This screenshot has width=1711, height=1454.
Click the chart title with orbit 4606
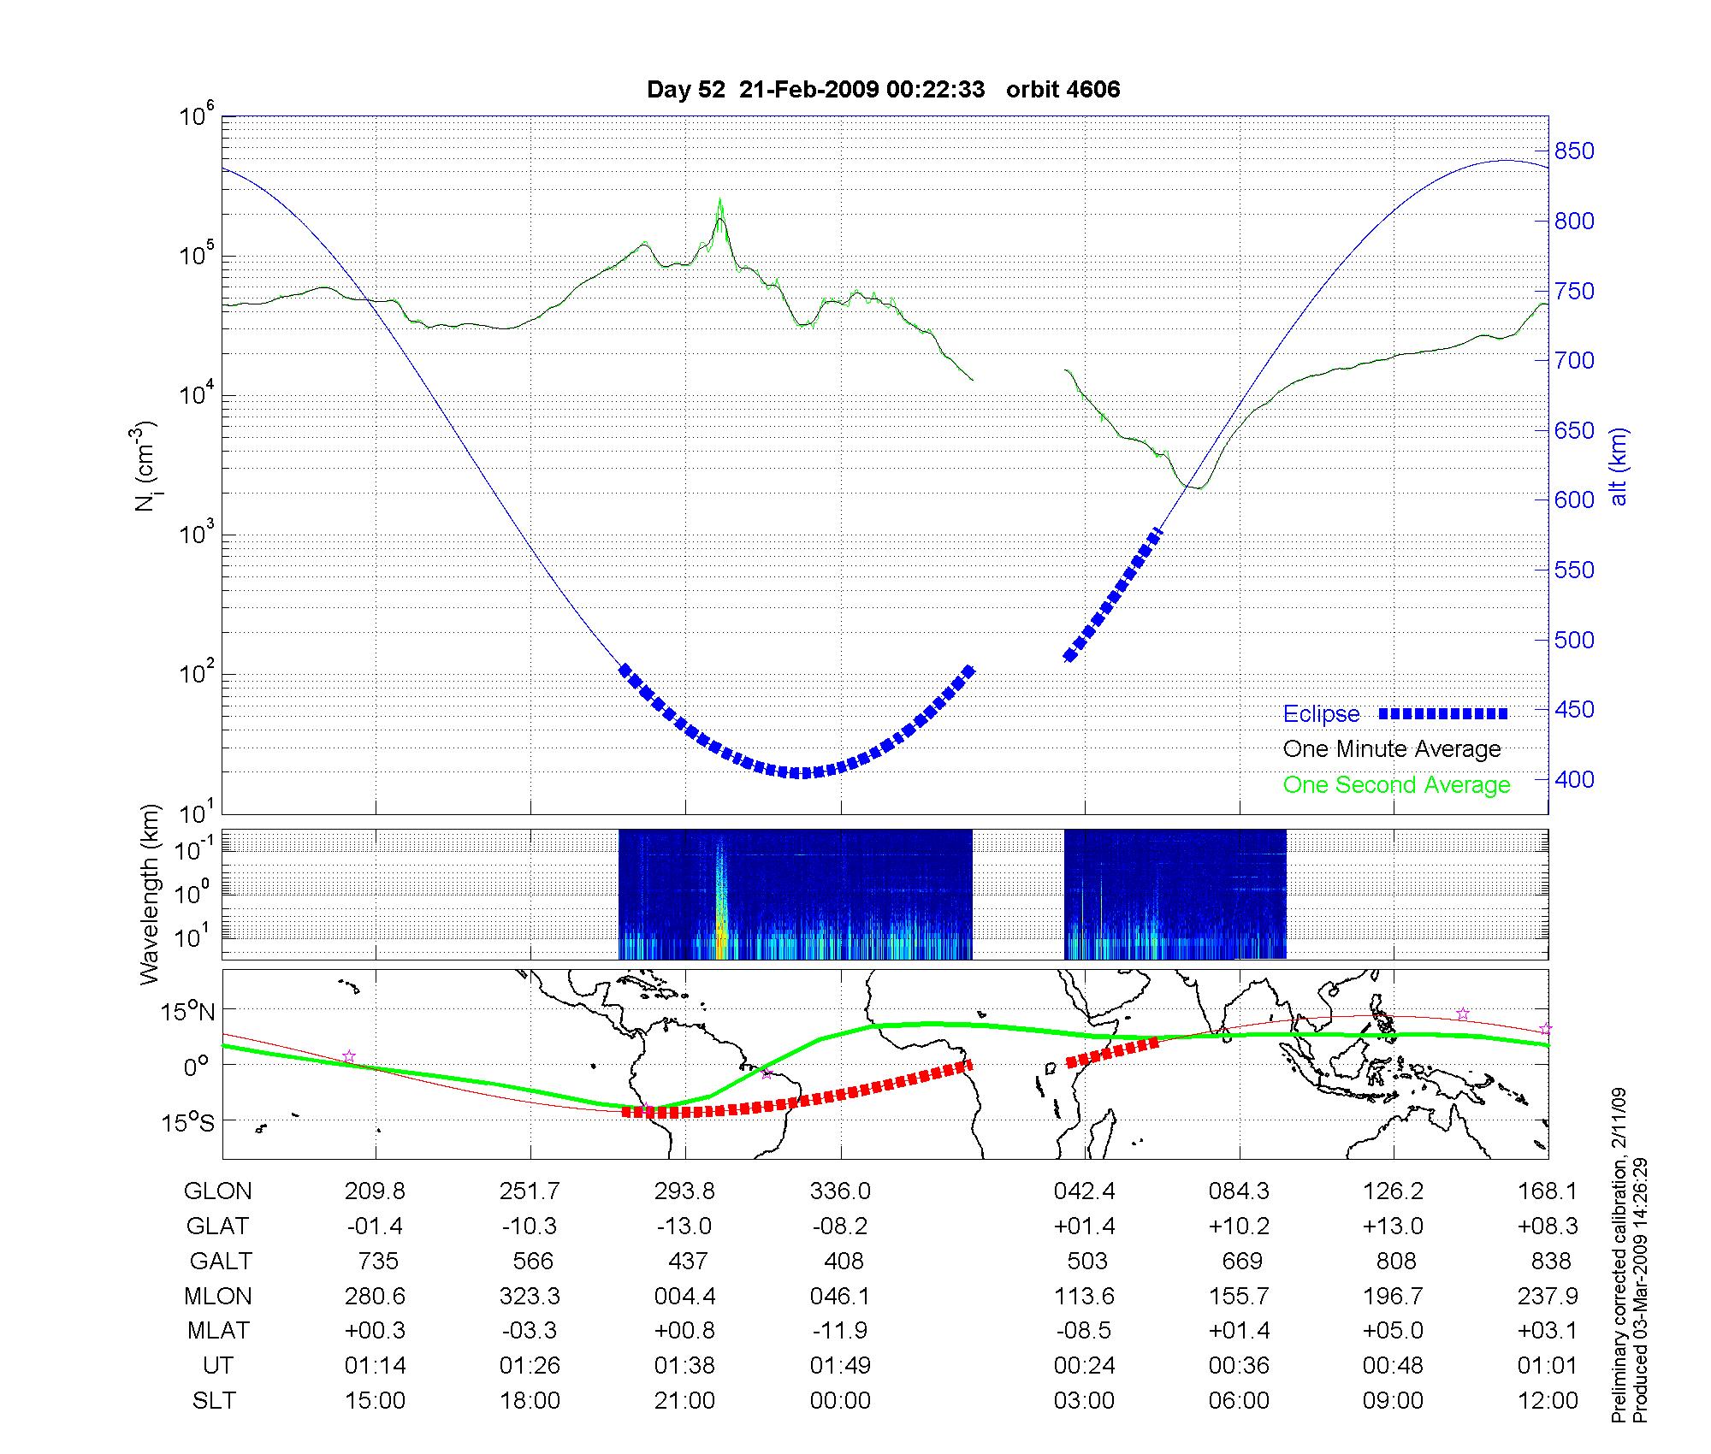tap(883, 90)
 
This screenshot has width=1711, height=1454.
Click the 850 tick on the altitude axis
tap(1575, 151)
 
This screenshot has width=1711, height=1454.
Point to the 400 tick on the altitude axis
tap(1575, 779)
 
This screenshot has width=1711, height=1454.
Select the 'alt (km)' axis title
tap(1619, 466)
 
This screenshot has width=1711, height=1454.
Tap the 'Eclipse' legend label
tap(1321, 714)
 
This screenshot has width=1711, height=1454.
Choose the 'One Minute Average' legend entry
tap(1392, 749)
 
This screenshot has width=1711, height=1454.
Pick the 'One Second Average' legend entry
tap(1396, 785)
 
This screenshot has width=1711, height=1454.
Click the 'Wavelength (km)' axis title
tap(149, 895)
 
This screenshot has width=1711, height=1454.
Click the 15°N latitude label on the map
tap(188, 1013)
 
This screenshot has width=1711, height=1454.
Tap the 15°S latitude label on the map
tap(188, 1121)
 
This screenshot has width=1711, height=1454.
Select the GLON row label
tap(218, 1191)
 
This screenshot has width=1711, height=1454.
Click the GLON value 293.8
tap(684, 1191)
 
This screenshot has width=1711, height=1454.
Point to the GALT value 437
tap(687, 1262)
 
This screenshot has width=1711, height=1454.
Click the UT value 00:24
tap(1084, 1366)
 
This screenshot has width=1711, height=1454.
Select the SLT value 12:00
tap(1547, 1401)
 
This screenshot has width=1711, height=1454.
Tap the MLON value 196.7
tap(1393, 1297)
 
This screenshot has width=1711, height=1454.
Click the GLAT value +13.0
tap(1393, 1226)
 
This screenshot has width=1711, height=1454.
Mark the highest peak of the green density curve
tap(720, 200)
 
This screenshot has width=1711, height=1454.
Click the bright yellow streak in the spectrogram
tap(720, 932)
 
